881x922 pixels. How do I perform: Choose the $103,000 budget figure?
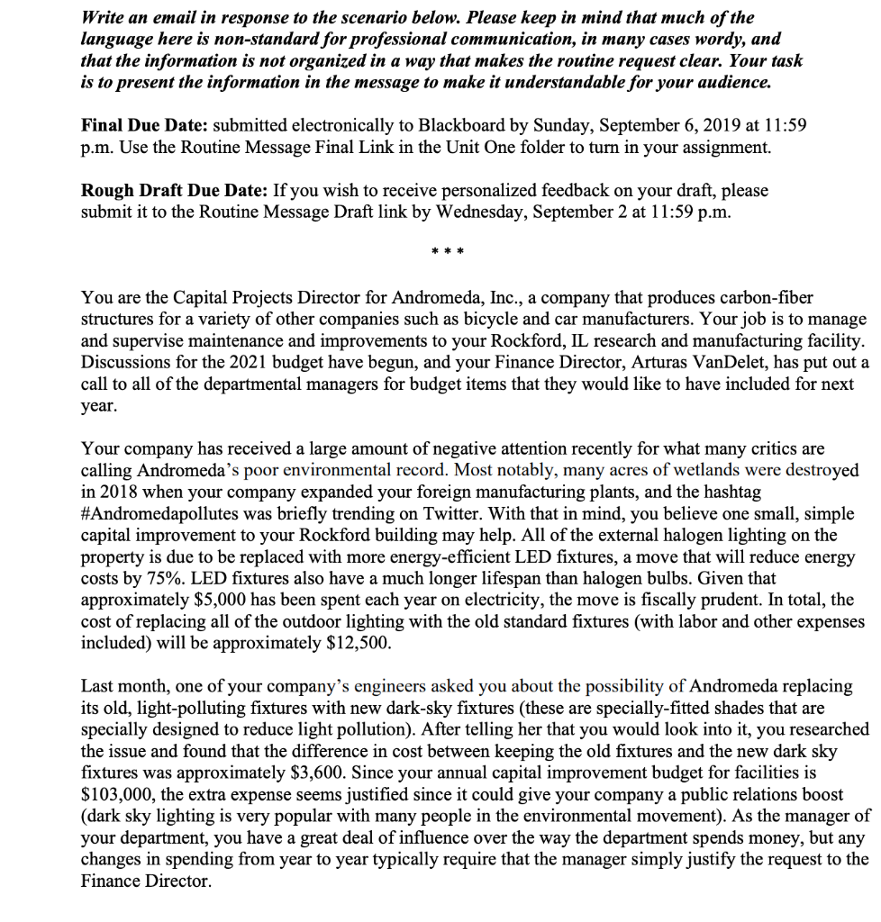pos(117,794)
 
